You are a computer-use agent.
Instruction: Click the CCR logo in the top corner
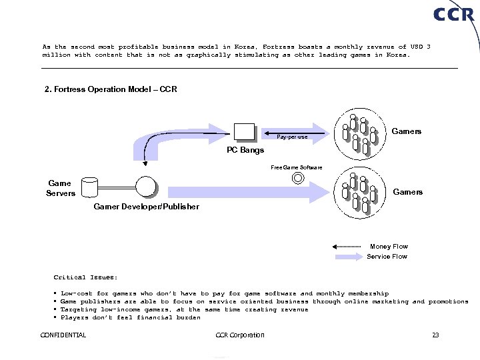pos(453,14)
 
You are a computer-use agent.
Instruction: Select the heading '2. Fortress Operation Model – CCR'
pos(111,89)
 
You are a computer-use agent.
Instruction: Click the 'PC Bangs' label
pos(245,150)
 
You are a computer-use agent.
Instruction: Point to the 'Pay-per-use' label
pos(292,137)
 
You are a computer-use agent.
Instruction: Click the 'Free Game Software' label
pos(297,167)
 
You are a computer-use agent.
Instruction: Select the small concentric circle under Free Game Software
pos(298,178)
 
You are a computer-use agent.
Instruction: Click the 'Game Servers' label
pos(61,188)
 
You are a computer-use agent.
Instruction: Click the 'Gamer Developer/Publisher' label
pos(146,207)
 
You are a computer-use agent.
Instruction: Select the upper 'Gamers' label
pos(406,131)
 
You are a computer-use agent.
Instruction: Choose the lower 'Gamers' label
pos(407,192)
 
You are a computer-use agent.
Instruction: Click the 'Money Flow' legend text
pos(389,247)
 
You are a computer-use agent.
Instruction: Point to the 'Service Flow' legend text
pos(387,257)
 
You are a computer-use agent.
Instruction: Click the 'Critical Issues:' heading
pos(85,277)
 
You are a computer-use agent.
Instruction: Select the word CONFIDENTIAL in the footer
pos(63,335)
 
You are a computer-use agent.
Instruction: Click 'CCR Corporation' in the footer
pos(240,335)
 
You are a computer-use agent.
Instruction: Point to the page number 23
pos(435,335)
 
